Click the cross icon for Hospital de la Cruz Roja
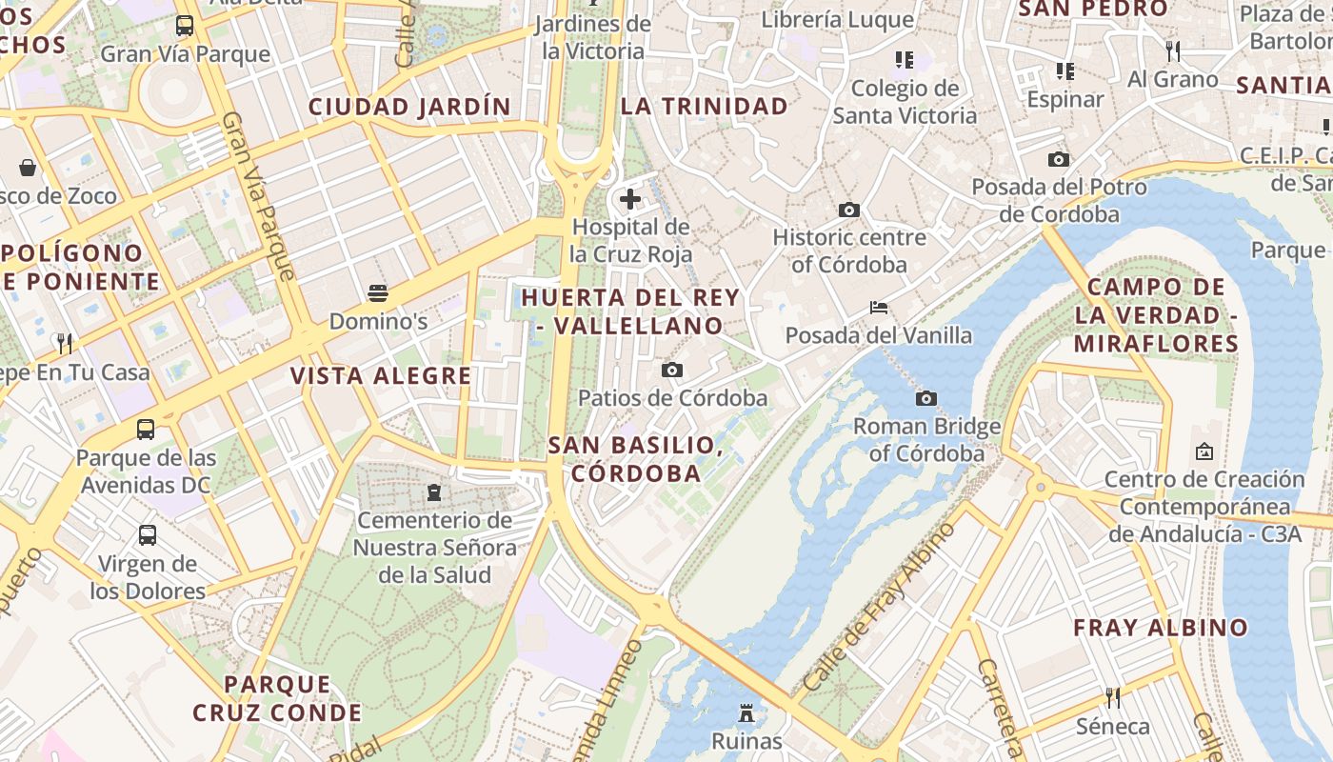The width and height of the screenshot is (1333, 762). [629, 199]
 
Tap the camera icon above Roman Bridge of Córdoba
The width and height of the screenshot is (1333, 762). [925, 398]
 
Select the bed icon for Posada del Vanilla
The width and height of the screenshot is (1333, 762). [878, 308]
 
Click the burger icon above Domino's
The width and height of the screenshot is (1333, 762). [378, 292]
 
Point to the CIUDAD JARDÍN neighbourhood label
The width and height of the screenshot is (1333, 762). [409, 107]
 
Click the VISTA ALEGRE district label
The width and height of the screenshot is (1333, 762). [381, 376]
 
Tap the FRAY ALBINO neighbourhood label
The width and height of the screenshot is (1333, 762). [1160, 628]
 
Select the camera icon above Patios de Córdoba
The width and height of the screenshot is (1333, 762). [672, 370]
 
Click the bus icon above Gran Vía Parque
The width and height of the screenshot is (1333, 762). [185, 26]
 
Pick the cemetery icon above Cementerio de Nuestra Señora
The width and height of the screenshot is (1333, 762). [434, 492]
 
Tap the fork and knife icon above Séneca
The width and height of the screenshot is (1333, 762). [1112, 698]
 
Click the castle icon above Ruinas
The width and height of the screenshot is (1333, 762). [746, 712]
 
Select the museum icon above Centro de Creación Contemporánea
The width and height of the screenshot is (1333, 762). [1204, 451]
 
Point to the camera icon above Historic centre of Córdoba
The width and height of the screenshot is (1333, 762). [848, 210]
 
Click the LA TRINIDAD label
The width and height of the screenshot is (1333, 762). [705, 107]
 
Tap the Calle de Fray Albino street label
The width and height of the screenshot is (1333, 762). [878, 608]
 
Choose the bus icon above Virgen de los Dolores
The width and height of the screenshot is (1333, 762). [148, 535]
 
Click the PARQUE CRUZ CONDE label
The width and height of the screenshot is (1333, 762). [277, 698]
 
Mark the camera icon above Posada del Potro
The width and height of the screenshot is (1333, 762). [1058, 159]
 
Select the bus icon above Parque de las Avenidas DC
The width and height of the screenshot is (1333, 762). [146, 430]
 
